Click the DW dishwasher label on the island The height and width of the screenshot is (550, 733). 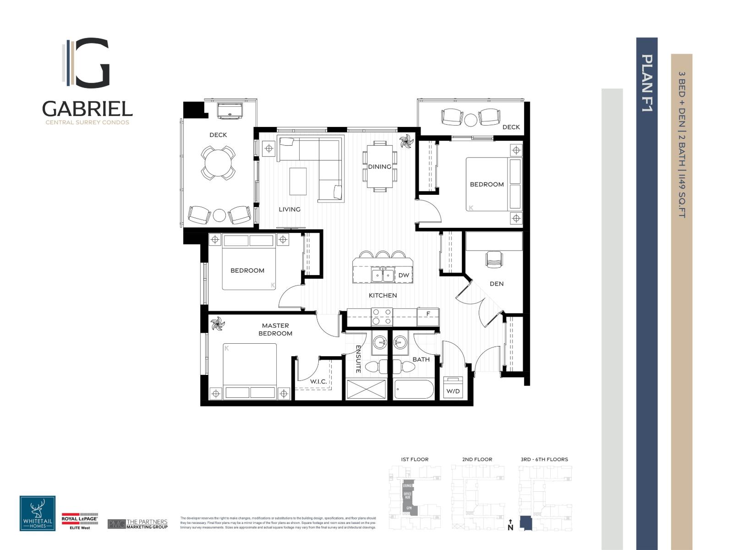(x=403, y=275)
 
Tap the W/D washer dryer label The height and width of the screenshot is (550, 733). (x=453, y=391)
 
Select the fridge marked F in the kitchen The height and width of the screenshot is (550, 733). (x=428, y=314)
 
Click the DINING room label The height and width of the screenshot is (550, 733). (x=379, y=166)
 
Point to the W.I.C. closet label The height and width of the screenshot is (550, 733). (x=318, y=381)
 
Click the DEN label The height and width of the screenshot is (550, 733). (x=497, y=284)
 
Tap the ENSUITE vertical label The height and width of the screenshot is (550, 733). (x=358, y=359)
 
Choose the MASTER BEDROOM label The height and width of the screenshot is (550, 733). (x=275, y=330)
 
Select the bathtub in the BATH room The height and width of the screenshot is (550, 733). (x=413, y=390)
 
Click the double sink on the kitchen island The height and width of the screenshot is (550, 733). (x=383, y=275)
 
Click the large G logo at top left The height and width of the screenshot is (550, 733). (x=92, y=62)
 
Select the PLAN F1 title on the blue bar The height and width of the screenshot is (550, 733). (x=646, y=83)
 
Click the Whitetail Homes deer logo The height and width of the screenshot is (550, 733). (x=38, y=513)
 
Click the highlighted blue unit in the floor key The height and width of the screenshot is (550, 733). (x=526, y=523)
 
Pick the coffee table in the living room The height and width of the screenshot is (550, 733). (x=298, y=182)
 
